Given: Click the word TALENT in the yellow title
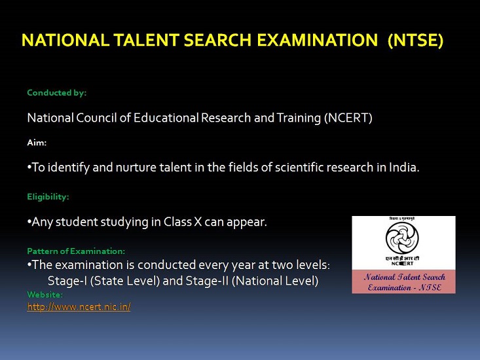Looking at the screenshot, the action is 146,40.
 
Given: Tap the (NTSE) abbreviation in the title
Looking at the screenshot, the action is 415,41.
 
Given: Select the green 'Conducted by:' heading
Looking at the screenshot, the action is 56,93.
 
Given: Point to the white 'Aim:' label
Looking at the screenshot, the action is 37,143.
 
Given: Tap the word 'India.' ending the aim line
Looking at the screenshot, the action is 404,167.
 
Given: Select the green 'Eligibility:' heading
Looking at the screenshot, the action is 48,196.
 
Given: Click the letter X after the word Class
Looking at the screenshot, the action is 198,222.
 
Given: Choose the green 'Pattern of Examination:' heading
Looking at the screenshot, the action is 76,251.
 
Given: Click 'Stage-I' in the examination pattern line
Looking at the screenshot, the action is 67,281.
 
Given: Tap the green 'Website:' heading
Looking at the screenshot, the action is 45,295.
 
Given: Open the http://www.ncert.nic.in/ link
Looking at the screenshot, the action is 79,306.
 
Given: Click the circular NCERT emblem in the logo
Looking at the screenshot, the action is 402,238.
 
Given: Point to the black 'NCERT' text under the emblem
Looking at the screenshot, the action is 402,263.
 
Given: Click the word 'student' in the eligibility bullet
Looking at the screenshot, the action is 77,222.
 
